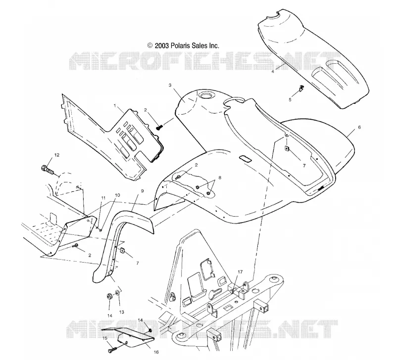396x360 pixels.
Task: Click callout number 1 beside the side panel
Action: tap(115, 106)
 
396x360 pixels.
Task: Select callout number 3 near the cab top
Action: tap(170, 85)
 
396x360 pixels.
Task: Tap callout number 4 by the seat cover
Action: tap(273, 71)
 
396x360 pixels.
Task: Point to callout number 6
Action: tap(359, 128)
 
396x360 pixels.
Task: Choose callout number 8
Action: tap(220, 178)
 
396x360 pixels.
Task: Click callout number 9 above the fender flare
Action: tap(142, 191)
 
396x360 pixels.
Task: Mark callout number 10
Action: tap(117, 195)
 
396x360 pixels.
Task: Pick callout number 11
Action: tap(103, 198)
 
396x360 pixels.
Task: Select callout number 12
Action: tap(57, 155)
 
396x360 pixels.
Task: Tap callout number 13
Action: tap(121, 312)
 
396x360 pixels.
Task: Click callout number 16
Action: tap(156, 352)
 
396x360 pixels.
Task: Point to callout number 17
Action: tap(240, 271)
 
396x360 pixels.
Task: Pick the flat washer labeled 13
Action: tap(118, 293)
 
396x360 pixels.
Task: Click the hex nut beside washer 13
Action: tap(109, 296)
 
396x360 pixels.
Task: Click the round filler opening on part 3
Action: tap(206, 95)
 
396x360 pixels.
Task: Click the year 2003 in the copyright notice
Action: tap(161, 45)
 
